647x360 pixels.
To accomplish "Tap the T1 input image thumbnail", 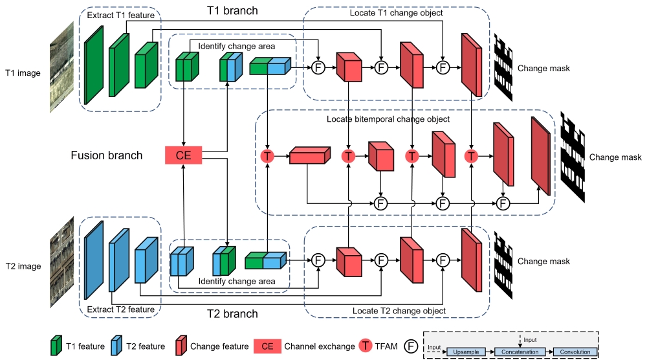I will [x=62, y=73].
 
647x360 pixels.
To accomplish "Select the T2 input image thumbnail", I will [x=62, y=265].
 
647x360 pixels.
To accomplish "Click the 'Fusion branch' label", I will [x=107, y=155].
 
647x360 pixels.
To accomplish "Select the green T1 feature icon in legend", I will [x=56, y=346].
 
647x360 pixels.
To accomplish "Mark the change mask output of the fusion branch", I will [x=573, y=157].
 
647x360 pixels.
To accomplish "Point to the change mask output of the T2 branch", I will [x=503, y=261].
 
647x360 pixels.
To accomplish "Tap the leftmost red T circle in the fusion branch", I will [x=267, y=156].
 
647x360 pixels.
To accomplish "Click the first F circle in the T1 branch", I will [x=318, y=67].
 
